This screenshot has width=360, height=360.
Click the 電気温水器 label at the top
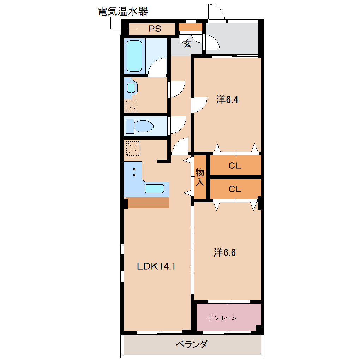(x=122, y=11)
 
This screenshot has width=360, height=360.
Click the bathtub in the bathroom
(x=134, y=55)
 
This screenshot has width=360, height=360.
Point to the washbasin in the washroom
(x=131, y=88)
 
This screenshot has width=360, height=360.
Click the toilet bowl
(x=143, y=126)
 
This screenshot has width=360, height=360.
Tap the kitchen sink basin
(x=155, y=188)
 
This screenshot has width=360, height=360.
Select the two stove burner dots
(x=134, y=172)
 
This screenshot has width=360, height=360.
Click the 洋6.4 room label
(x=227, y=100)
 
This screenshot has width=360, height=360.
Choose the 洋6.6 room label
(x=224, y=253)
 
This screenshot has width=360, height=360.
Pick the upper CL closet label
(x=235, y=166)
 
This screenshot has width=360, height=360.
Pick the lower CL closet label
(x=235, y=189)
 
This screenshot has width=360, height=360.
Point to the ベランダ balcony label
(x=192, y=344)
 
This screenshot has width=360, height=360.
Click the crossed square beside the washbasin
(x=132, y=106)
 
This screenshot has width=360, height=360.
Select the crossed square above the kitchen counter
(x=133, y=148)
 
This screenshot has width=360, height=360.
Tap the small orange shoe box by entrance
(x=190, y=27)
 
